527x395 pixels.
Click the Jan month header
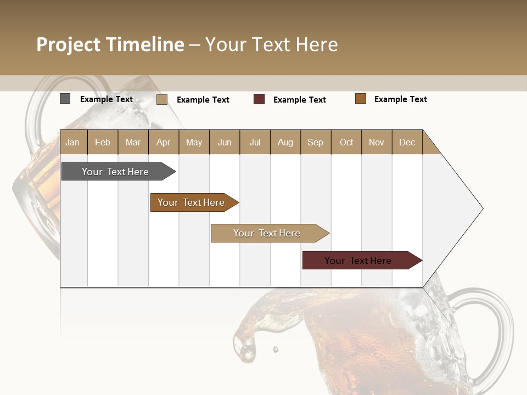pyautogui.click(x=72, y=142)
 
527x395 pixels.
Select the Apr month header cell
pyautogui.click(x=163, y=142)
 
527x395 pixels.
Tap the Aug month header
pyautogui.click(x=285, y=142)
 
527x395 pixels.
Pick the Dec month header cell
pyautogui.click(x=407, y=142)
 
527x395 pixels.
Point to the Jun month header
pyautogui.click(x=224, y=142)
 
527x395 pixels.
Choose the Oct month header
pyautogui.click(x=346, y=142)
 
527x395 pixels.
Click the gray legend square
pyautogui.click(x=65, y=99)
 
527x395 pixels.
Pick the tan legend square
pyautogui.click(x=162, y=99)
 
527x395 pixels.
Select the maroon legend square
pyautogui.click(x=259, y=99)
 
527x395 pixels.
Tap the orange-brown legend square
pyautogui.click(x=361, y=99)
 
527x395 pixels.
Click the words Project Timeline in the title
pyautogui.click(x=110, y=44)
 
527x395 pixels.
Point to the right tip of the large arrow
pyautogui.click(x=482, y=208)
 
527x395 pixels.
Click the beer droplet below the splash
pyautogui.click(x=275, y=349)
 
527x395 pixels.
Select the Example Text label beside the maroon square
pyautogui.click(x=299, y=100)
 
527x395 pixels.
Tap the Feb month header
pyautogui.click(x=103, y=142)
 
